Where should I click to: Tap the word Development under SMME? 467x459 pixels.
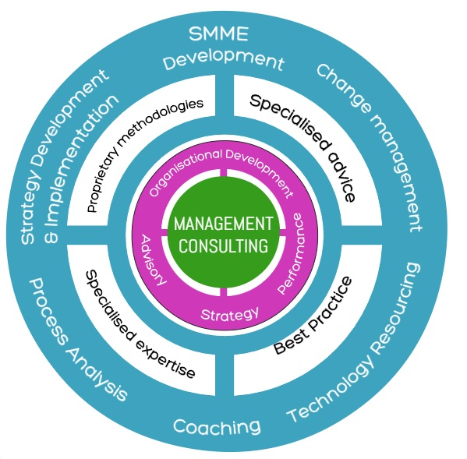coord(223,60)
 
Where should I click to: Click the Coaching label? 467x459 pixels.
coord(216,426)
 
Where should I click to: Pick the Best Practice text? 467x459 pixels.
coord(313,315)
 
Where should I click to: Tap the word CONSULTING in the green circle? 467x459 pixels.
coord(224,246)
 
